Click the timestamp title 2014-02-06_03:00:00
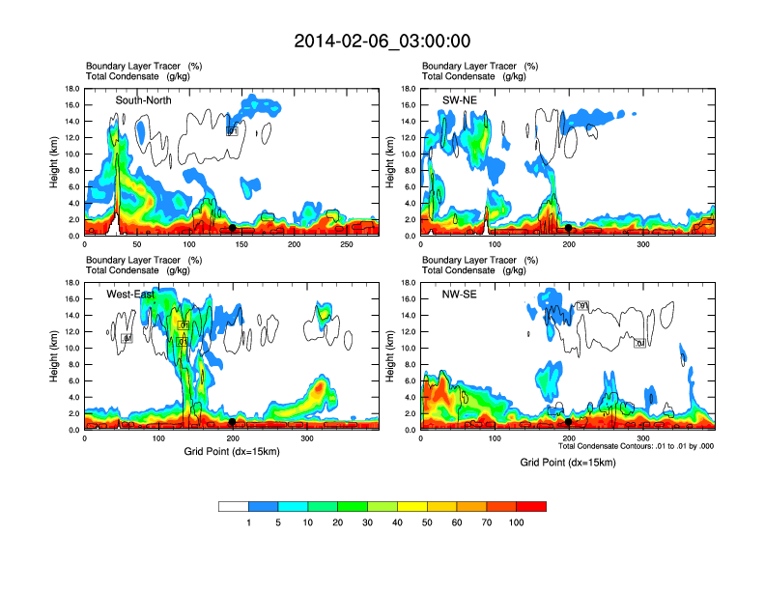pos(382,42)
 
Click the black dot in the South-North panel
pos(233,228)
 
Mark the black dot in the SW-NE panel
pos(569,228)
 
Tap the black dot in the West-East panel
pos(233,422)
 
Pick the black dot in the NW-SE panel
pos(569,422)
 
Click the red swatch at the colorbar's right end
pos(531,506)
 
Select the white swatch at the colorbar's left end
pos(233,506)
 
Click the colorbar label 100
pos(517,522)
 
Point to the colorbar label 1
pos(248,522)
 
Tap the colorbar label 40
pos(397,522)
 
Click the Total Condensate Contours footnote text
pos(636,446)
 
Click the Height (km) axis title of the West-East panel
pos(56,356)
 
